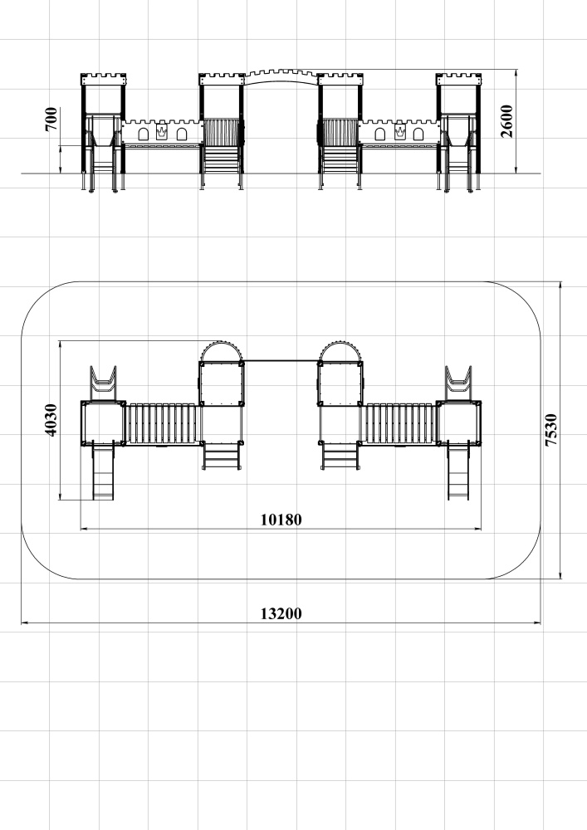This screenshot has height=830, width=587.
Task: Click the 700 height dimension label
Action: point(51,119)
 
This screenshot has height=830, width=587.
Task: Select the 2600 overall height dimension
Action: point(506,121)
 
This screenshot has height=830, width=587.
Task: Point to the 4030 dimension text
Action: point(51,420)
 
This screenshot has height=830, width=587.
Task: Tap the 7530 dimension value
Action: point(551,430)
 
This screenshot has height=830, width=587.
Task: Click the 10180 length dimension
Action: point(281,520)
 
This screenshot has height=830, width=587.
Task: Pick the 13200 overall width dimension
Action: point(281,613)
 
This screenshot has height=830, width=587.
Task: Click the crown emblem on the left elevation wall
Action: point(161,133)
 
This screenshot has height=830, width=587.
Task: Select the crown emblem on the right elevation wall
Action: point(399,133)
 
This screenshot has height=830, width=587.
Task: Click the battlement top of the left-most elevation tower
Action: point(103,80)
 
